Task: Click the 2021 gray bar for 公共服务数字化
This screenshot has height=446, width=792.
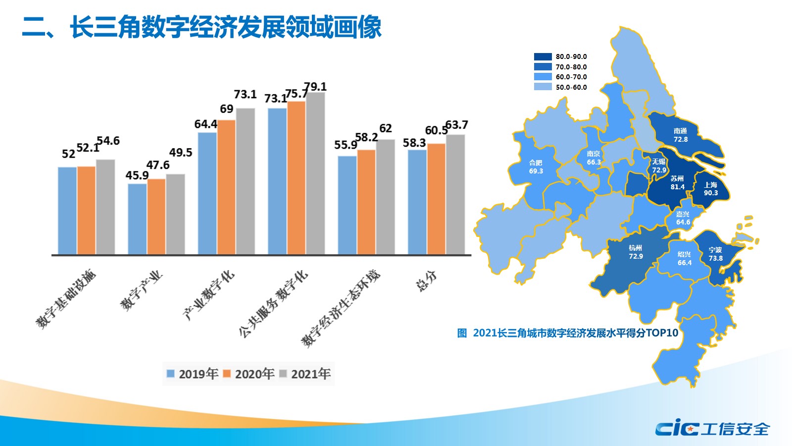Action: (x=315, y=173)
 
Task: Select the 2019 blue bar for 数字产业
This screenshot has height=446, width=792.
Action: (x=137, y=219)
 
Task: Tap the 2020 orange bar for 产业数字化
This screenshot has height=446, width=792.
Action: (x=226, y=187)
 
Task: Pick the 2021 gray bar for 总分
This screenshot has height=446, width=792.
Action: (x=455, y=194)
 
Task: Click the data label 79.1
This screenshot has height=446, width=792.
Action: (x=315, y=87)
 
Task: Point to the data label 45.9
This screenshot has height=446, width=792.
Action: (x=137, y=175)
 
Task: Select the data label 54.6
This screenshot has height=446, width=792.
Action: (x=108, y=141)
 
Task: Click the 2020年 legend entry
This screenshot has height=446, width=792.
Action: (x=249, y=374)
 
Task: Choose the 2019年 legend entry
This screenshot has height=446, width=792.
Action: (x=193, y=374)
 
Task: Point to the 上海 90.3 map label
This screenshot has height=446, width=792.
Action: (x=711, y=189)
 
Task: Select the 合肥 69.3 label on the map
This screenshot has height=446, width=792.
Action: (x=536, y=167)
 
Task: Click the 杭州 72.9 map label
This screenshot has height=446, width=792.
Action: (x=636, y=252)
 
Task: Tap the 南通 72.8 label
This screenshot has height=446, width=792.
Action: (x=681, y=135)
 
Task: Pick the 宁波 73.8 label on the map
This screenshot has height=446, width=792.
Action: (x=715, y=254)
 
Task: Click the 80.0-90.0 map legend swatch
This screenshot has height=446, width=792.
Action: (x=543, y=56)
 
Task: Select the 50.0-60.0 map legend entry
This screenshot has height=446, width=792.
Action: (x=561, y=87)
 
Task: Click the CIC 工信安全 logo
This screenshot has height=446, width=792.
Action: (x=712, y=428)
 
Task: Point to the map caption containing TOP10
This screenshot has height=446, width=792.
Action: (x=567, y=333)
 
